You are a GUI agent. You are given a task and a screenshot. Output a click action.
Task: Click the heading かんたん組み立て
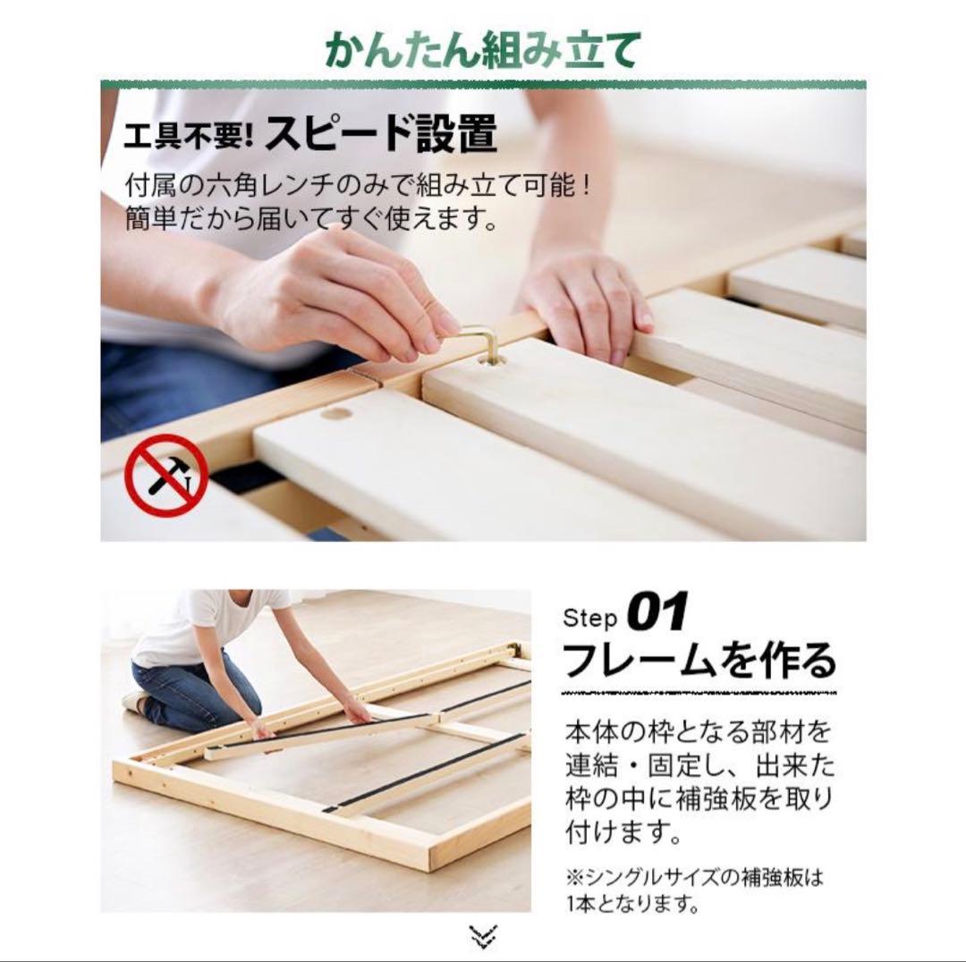pyautogui.click(x=483, y=50)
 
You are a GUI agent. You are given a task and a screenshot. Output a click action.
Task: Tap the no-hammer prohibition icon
pyautogui.click(x=165, y=476)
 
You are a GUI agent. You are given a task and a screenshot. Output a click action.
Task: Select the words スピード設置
pyautogui.click(x=381, y=135)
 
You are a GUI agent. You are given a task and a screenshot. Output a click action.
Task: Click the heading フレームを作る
pyautogui.click(x=699, y=662)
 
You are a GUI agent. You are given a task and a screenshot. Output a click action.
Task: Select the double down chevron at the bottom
pyautogui.click(x=483, y=935)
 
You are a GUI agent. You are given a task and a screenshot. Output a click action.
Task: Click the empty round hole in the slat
pyautogui.click(x=336, y=412)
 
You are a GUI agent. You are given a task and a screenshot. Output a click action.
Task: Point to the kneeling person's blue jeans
pyautogui.click(x=192, y=693)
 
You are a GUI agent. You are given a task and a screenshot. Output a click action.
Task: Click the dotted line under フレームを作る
pyautogui.click(x=699, y=692)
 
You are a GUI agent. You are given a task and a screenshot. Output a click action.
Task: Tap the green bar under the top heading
pyautogui.click(x=483, y=85)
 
